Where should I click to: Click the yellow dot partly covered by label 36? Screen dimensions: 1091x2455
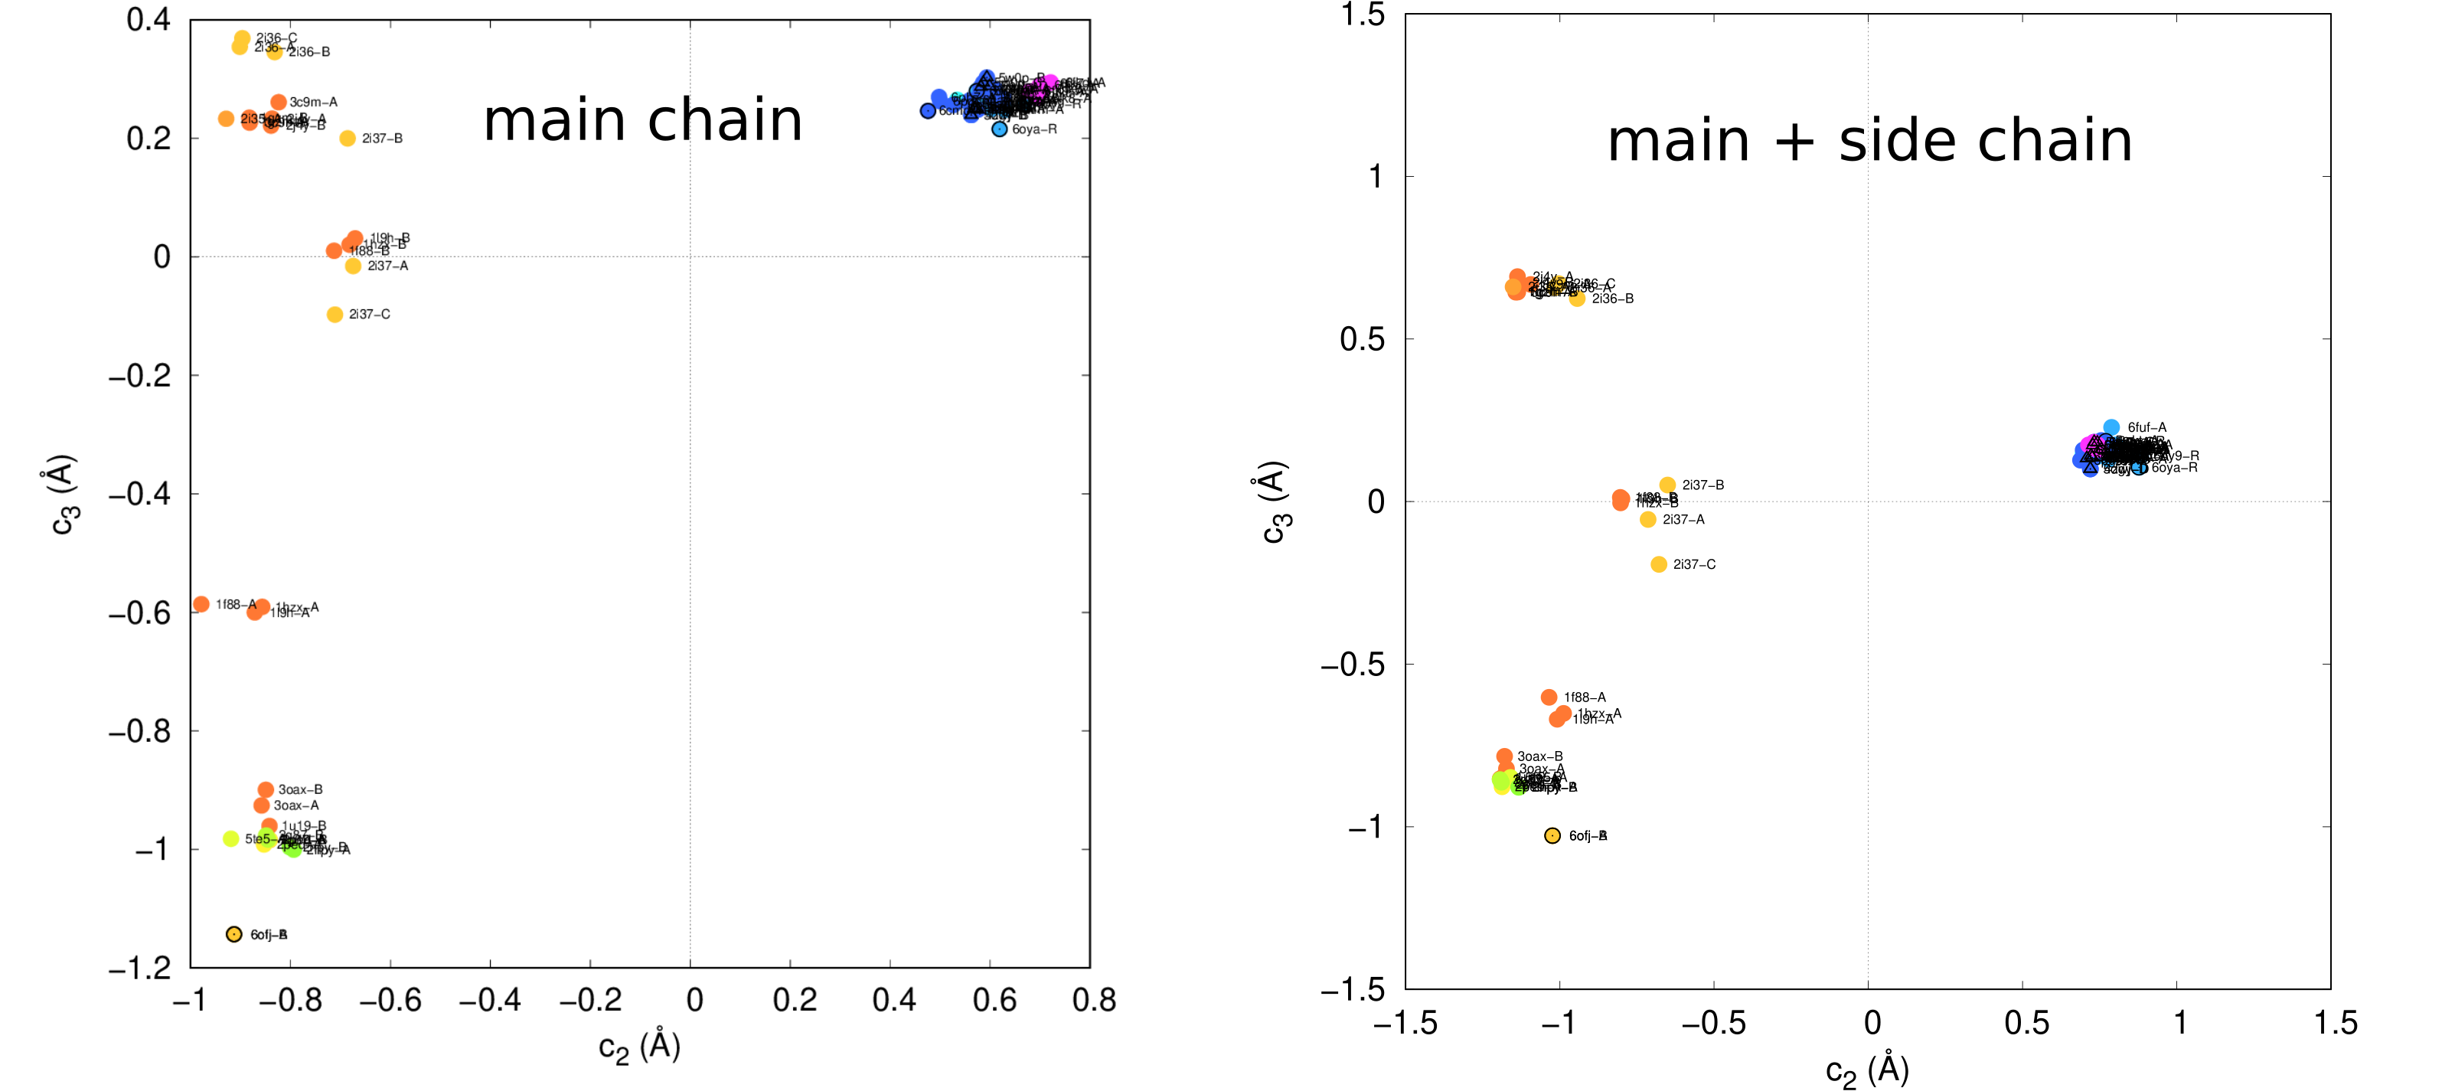click(275, 51)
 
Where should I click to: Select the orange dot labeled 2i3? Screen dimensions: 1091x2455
click(250, 120)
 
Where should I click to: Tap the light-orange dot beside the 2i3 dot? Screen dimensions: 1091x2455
click(226, 118)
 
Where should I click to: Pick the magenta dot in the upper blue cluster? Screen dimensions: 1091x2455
click(1050, 83)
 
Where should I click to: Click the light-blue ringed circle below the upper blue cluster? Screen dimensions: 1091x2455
click(999, 129)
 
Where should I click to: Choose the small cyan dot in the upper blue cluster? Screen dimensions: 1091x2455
click(957, 97)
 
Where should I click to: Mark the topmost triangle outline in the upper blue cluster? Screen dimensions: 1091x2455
click(987, 77)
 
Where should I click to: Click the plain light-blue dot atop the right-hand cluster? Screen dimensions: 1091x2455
click(2111, 427)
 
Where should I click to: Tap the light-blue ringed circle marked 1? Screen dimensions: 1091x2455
click(2137, 468)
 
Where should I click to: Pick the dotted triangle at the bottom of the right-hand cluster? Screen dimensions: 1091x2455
click(2090, 468)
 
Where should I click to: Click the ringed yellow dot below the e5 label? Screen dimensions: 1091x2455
click(233, 934)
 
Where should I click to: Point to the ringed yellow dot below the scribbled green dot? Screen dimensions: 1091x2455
click(1552, 835)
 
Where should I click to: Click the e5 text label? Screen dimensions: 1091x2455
click(264, 839)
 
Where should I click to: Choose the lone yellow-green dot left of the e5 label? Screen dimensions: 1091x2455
click(230, 838)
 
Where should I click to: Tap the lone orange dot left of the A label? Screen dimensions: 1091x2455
click(201, 604)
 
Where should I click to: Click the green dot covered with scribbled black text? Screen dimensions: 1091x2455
click(1518, 787)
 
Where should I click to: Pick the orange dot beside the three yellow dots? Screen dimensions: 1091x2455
click(1620, 499)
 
